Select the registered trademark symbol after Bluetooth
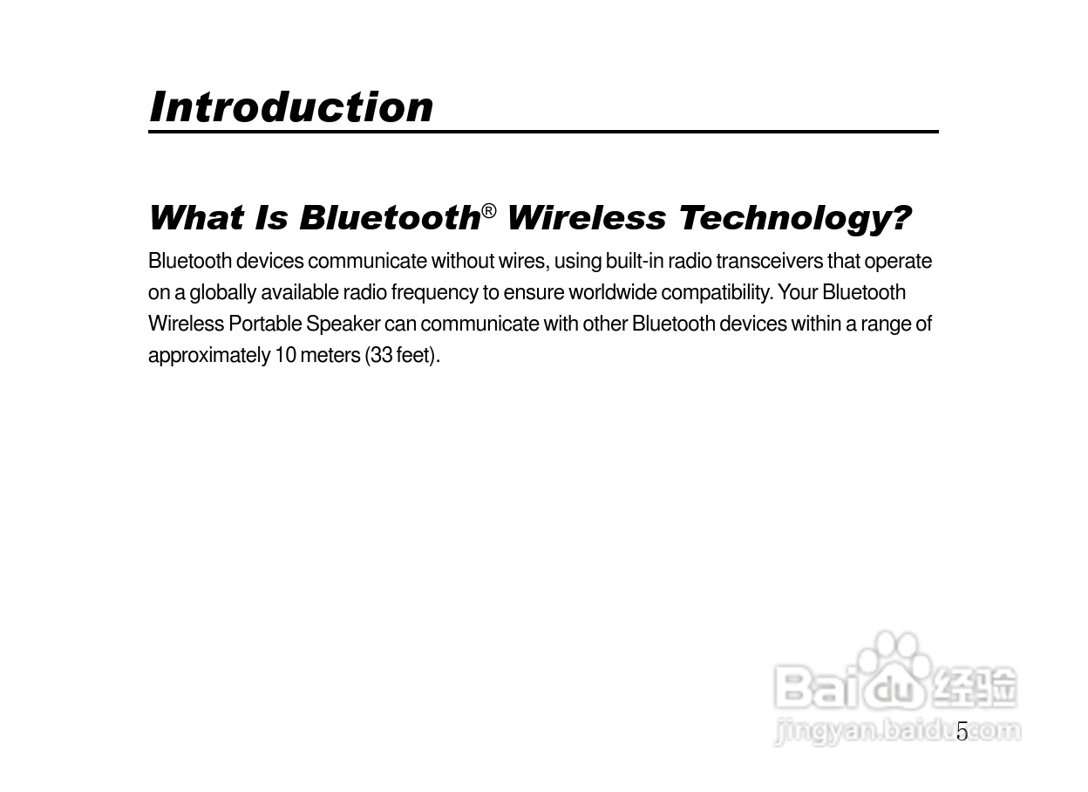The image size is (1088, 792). pyautogui.click(x=488, y=211)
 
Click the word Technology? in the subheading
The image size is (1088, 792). pyautogui.click(x=794, y=219)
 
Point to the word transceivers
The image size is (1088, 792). pyautogui.click(x=769, y=261)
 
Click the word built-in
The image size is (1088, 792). pyautogui.click(x=634, y=261)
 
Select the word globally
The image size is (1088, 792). pyautogui.click(x=222, y=293)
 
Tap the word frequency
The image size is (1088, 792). pyautogui.click(x=434, y=293)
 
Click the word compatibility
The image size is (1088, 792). pyautogui.click(x=717, y=293)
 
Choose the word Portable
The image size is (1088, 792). pyautogui.click(x=265, y=324)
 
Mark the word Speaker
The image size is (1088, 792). pyautogui.click(x=343, y=324)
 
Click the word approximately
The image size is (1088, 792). pyautogui.click(x=209, y=356)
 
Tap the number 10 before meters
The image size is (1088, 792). pyautogui.click(x=285, y=355)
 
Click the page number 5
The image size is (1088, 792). pyautogui.click(x=962, y=732)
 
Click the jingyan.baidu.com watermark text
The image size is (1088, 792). pyautogui.click(x=896, y=732)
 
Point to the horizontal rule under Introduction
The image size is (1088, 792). pyautogui.click(x=543, y=131)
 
